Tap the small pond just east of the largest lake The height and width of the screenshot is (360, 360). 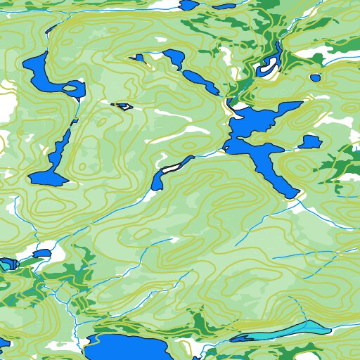coord(309,142)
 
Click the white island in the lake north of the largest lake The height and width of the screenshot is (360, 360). coord(268,67)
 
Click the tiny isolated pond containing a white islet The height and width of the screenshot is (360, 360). coord(123,107)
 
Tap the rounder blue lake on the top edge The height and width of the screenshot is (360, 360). coord(188,4)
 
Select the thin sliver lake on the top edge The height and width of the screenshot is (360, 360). coord(225,6)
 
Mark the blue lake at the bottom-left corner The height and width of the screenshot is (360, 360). coord(3,345)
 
